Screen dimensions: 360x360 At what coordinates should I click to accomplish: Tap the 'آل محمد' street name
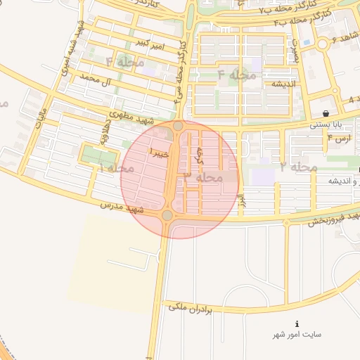click(97, 79)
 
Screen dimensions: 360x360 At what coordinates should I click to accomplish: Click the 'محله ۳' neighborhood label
click(204, 178)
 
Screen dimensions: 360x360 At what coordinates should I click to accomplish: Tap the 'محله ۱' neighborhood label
click(117, 168)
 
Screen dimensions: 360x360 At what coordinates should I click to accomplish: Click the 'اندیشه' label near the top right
click(278, 84)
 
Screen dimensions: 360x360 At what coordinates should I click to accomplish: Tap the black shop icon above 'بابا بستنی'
click(326, 113)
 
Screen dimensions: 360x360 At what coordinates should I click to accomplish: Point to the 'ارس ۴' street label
click(340, 139)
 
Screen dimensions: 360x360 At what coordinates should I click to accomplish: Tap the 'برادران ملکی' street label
click(190, 307)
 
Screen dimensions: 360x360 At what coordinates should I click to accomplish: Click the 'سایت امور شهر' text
click(297, 335)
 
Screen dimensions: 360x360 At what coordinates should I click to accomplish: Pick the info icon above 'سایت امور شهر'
click(297, 323)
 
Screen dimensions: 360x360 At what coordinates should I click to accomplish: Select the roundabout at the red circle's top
click(178, 126)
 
